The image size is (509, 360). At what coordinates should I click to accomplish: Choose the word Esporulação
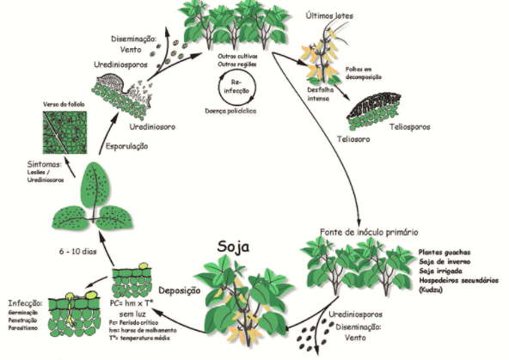(x=126, y=146)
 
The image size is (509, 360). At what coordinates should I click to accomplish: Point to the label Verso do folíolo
(x=66, y=105)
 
